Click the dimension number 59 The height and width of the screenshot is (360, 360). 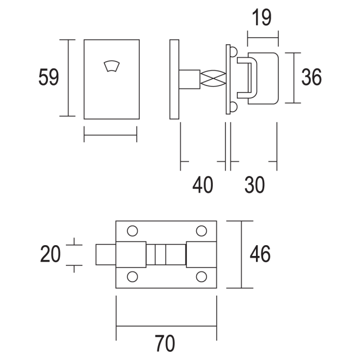49,78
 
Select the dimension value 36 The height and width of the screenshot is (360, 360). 311,77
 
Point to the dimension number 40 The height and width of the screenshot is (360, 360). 202,184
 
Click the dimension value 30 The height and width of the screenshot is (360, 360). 254,184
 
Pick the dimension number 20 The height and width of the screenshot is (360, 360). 50,254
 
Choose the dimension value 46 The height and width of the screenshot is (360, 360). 260,254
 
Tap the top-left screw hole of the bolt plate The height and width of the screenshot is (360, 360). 132,231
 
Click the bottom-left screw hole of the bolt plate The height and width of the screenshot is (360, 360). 132,277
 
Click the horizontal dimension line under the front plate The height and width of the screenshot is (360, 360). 110,135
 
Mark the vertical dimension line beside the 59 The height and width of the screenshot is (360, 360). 67,78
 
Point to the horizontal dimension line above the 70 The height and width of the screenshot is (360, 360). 166,326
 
